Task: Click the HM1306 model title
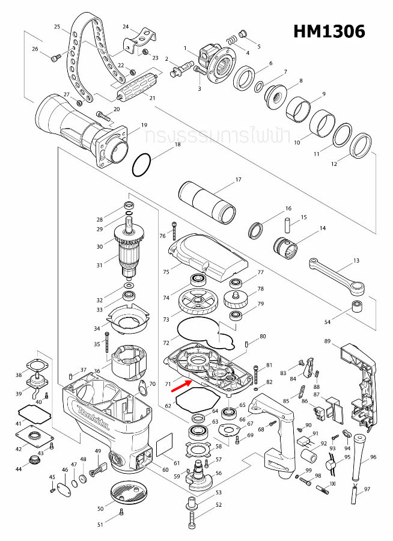click(329, 31)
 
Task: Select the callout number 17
click(238, 179)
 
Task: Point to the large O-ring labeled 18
click(142, 165)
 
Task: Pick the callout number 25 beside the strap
click(57, 27)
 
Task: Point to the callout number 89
click(327, 341)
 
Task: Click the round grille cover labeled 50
click(128, 492)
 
